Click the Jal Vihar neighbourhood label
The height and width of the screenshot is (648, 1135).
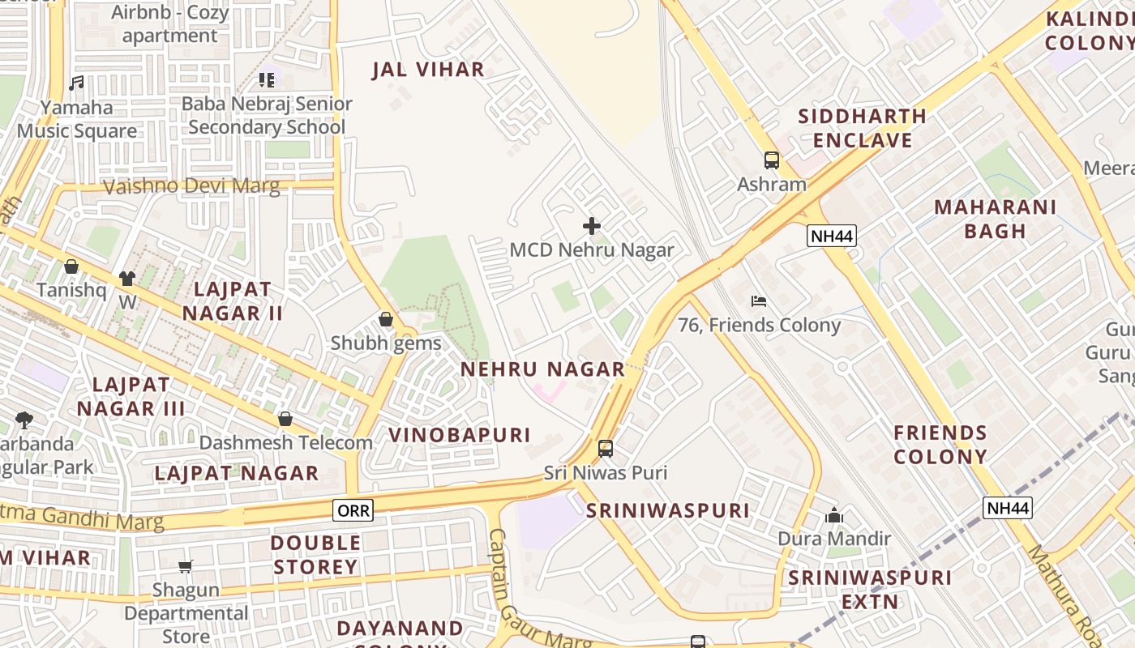click(x=428, y=70)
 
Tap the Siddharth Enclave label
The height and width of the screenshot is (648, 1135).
click(x=862, y=128)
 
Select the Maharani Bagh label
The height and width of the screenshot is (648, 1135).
click(x=995, y=219)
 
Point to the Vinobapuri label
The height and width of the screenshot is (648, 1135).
click(x=460, y=435)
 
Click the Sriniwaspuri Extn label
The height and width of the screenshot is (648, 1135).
click(x=870, y=590)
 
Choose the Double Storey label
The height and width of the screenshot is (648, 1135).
click(x=315, y=555)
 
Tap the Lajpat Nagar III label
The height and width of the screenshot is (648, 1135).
click(x=131, y=397)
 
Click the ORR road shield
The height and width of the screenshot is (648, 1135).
click(x=353, y=510)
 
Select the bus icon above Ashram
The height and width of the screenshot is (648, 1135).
click(x=771, y=160)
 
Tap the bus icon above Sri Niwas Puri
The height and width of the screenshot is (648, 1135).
click(x=605, y=449)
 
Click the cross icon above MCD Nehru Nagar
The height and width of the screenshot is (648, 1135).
click(x=592, y=226)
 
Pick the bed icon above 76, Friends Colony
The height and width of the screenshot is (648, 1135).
click(x=759, y=301)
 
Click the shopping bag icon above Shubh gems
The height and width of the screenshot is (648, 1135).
click(x=386, y=319)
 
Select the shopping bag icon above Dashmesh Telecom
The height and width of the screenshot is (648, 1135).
click(x=285, y=419)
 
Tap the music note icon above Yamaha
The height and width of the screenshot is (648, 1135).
click(x=76, y=83)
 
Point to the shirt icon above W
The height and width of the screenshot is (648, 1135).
click(x=126, y=279)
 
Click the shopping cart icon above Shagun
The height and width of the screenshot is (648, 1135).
click(x=186, y=566)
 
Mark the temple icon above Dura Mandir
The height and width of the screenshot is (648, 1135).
click(x=833, y=515)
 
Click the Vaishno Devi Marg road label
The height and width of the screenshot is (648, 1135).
click(x=191, y=187)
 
